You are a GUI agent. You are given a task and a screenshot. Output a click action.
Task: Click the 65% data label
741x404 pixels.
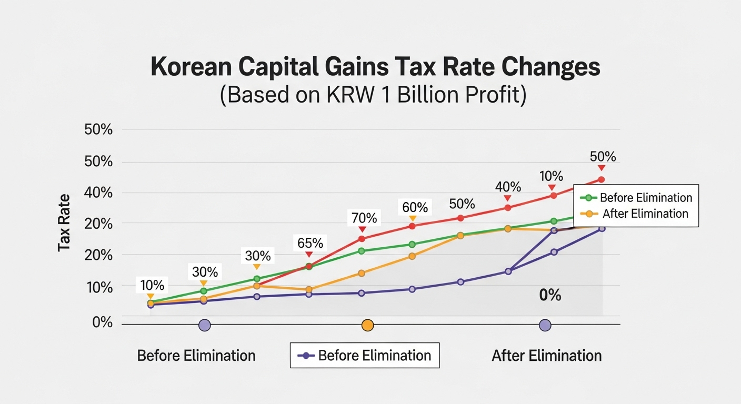pyautogui.click(x=310, y=243)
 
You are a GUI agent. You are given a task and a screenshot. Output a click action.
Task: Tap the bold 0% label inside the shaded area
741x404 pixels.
pyautogui.click(x=550, y=295)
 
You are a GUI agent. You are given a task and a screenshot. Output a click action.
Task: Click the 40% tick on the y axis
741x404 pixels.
pyautogui.click(x=98, y=193)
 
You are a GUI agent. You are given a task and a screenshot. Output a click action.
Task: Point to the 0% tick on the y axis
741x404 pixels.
pyautogui.click(x=103, y=322)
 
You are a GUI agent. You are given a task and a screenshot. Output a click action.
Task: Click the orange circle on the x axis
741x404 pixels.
pyautogui.click(x=368, y=326)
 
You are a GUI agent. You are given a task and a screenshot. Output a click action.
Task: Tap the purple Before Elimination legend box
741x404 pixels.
pyautogui.click(x=365, y=355)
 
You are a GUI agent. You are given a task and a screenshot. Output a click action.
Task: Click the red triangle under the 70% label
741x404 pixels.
pyautogui.click(x=362, y=229)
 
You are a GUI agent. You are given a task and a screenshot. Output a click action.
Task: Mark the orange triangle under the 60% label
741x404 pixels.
pyautogui.click(x=413, y=218)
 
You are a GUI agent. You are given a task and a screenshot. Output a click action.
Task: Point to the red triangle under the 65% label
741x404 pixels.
pyautogui.click(x=309, y=255)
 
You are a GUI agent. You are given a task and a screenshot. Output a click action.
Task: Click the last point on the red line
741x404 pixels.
pyautogui.click(x=601, y=180)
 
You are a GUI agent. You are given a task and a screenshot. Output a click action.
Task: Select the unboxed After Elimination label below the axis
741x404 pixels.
pyautogui.click(x=546, y=356)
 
